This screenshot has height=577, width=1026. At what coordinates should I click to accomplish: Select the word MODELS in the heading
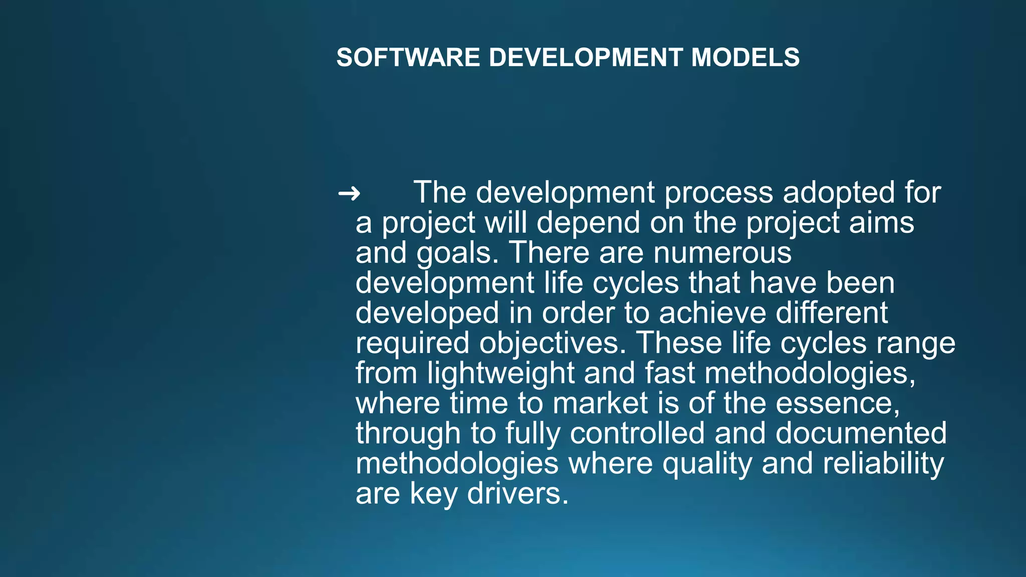pos(745,58)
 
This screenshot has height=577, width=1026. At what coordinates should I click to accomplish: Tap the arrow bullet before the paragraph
pos(349,193)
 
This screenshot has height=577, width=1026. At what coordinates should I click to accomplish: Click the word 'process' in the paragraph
pos(719,193)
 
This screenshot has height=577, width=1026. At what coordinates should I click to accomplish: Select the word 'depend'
pos(588,223)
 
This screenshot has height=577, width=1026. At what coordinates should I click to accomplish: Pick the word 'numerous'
pos(722,253)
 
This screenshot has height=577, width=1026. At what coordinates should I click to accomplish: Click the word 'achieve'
pos(712,313)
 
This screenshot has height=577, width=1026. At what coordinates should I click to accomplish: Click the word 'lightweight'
pos(501,374)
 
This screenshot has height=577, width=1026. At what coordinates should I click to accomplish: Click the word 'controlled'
pos(637,433)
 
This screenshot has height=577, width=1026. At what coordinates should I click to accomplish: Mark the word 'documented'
pos(861,433)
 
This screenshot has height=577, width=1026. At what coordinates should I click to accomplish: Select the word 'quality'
pos(707,464)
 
